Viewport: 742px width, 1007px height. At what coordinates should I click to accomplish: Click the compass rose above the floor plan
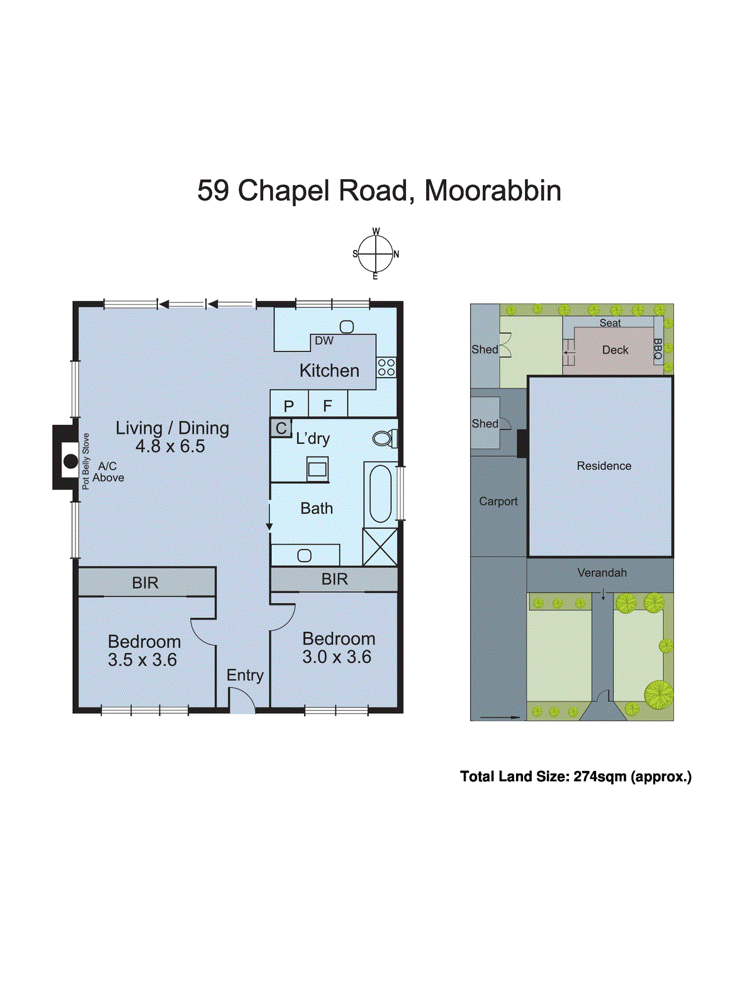click(x=376, y=254)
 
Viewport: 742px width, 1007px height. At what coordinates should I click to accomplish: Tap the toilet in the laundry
click(x=385, y=438)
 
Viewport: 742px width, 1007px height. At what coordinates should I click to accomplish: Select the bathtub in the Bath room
click(x=380, y=493)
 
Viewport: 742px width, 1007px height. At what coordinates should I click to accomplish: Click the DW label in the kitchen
click(x=324, y=341)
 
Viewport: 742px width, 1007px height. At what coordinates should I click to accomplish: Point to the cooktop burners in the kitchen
click(x=386, y=368)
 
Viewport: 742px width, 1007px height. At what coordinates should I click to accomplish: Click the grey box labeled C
click(x=281, y=429)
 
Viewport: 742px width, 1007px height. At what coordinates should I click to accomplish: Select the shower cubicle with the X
click(x=380, y=546)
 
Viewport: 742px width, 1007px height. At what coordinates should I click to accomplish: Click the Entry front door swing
click(x=241, y=701)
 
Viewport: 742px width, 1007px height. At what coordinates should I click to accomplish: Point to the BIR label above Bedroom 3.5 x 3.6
click(x=145, y=583)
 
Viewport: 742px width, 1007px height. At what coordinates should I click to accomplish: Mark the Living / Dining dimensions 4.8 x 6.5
click(x=171, y=446)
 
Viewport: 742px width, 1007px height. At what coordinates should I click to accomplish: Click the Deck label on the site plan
click(x=615, y=351)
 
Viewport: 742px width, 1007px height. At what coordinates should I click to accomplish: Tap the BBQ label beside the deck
click(x=658, y=350)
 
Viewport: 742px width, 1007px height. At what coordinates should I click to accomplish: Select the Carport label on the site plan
click(x=498, y=502)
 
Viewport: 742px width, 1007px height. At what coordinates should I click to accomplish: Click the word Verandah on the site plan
click(x=602, y=573)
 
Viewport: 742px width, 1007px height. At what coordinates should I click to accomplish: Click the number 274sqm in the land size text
click(x=599, y=777)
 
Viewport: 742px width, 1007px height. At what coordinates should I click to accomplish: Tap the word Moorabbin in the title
click(x=493, y=191)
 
